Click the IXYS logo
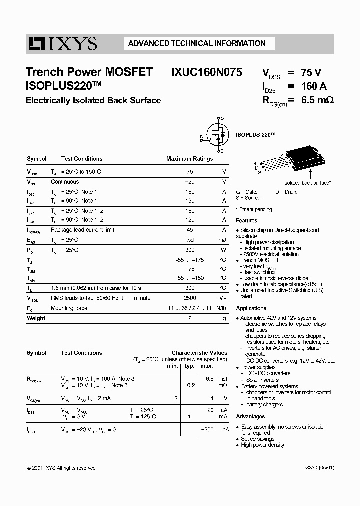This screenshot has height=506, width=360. (x=62, y=44)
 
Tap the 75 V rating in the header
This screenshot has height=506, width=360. (x=311, y=72)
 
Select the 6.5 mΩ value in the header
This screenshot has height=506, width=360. (x=317, y=100)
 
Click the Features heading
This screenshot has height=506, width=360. (x=247, y=220)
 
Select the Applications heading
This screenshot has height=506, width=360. (x=251, y=308)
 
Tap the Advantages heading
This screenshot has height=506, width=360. (x=250, y=416)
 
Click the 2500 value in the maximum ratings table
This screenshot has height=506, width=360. (x=189, y=298)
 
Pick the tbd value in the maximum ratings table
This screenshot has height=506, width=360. (x=190, y=240)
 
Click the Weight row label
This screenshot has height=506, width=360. (x=36, y=318)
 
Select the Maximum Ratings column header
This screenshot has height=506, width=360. (x=189, y=159)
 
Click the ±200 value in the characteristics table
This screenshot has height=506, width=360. (x=207, y=429)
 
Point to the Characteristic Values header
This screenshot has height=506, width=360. (x=199, y=353)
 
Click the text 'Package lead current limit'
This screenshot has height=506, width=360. (x=82, y=230)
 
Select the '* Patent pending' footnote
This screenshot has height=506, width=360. (x=254, y=210)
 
